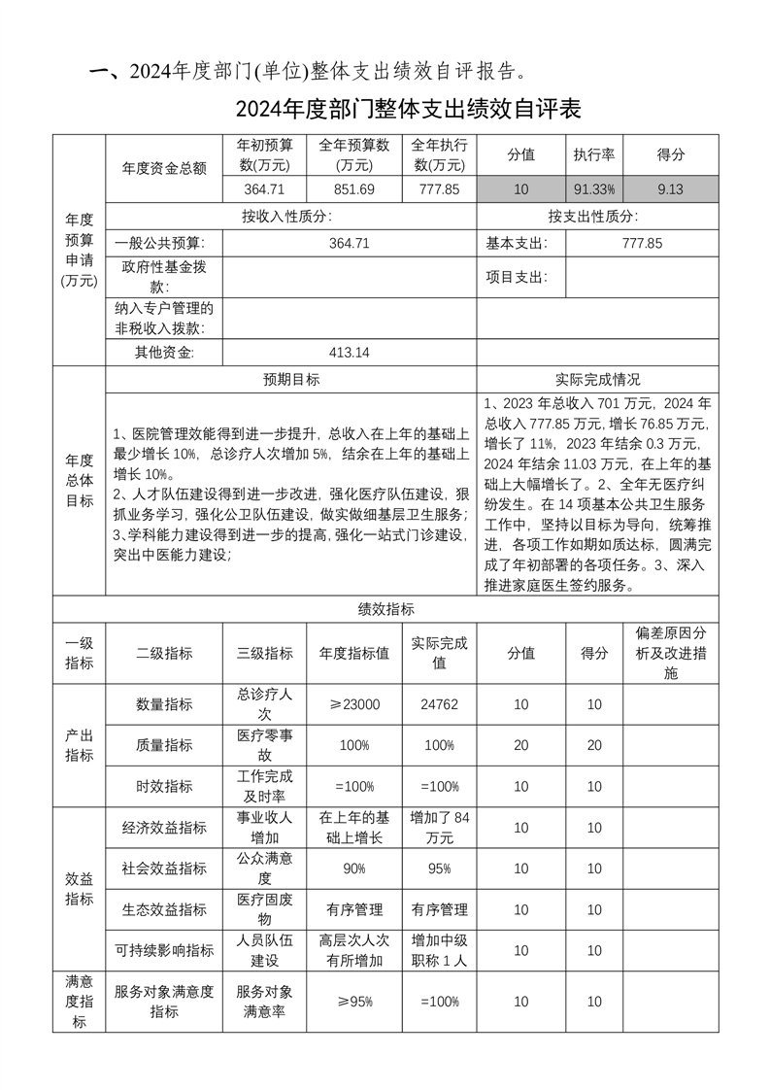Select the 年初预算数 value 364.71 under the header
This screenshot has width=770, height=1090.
click(x=264, y=189)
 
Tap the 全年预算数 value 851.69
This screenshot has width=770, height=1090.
click(x=353, y=189)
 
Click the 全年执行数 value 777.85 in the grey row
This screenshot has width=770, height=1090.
click(x=439, y=189)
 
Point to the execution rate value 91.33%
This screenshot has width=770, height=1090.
click(x=594, y=189)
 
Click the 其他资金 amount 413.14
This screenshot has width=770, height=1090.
click(x=350, y=353)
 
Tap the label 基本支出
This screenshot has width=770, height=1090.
click(x=517, y=244)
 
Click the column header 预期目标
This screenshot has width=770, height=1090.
click(x=290, y=380)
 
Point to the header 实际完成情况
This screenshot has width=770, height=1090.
click(x=597, y=380)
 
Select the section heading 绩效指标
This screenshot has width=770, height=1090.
click(x=385, y=609)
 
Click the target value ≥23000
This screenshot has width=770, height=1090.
click(x=354, y=704)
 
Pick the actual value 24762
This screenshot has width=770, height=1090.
click(x=439, y=704)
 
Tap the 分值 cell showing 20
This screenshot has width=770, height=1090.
click(x=520, y=745)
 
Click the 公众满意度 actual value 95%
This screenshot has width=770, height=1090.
click(x=439, y=869)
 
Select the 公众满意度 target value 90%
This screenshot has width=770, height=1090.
click(x=354, y=869)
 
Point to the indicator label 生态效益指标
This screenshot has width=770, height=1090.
click(x=164, y=910)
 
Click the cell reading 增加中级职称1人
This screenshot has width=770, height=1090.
click(x=439, y=950)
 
